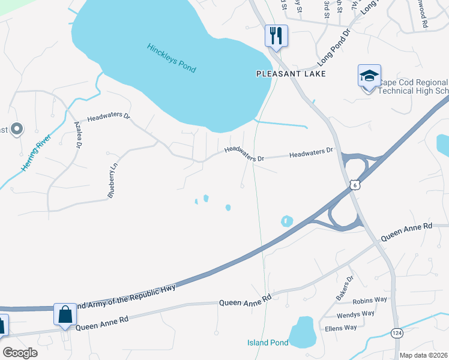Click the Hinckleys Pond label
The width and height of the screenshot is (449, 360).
pos(171,58)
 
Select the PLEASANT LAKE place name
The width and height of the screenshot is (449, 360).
pos(291,74)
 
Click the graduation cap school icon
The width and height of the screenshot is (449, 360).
pos(369,76)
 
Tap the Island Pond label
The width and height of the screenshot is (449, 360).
pos(268,343)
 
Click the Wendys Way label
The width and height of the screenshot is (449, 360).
pos(355,314)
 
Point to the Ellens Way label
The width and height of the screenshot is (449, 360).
pos(340,328)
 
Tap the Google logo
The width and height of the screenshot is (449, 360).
pos(20,353)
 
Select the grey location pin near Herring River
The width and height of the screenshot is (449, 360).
pos(17,128)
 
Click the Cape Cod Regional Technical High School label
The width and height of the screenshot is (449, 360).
pos(414,86)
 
